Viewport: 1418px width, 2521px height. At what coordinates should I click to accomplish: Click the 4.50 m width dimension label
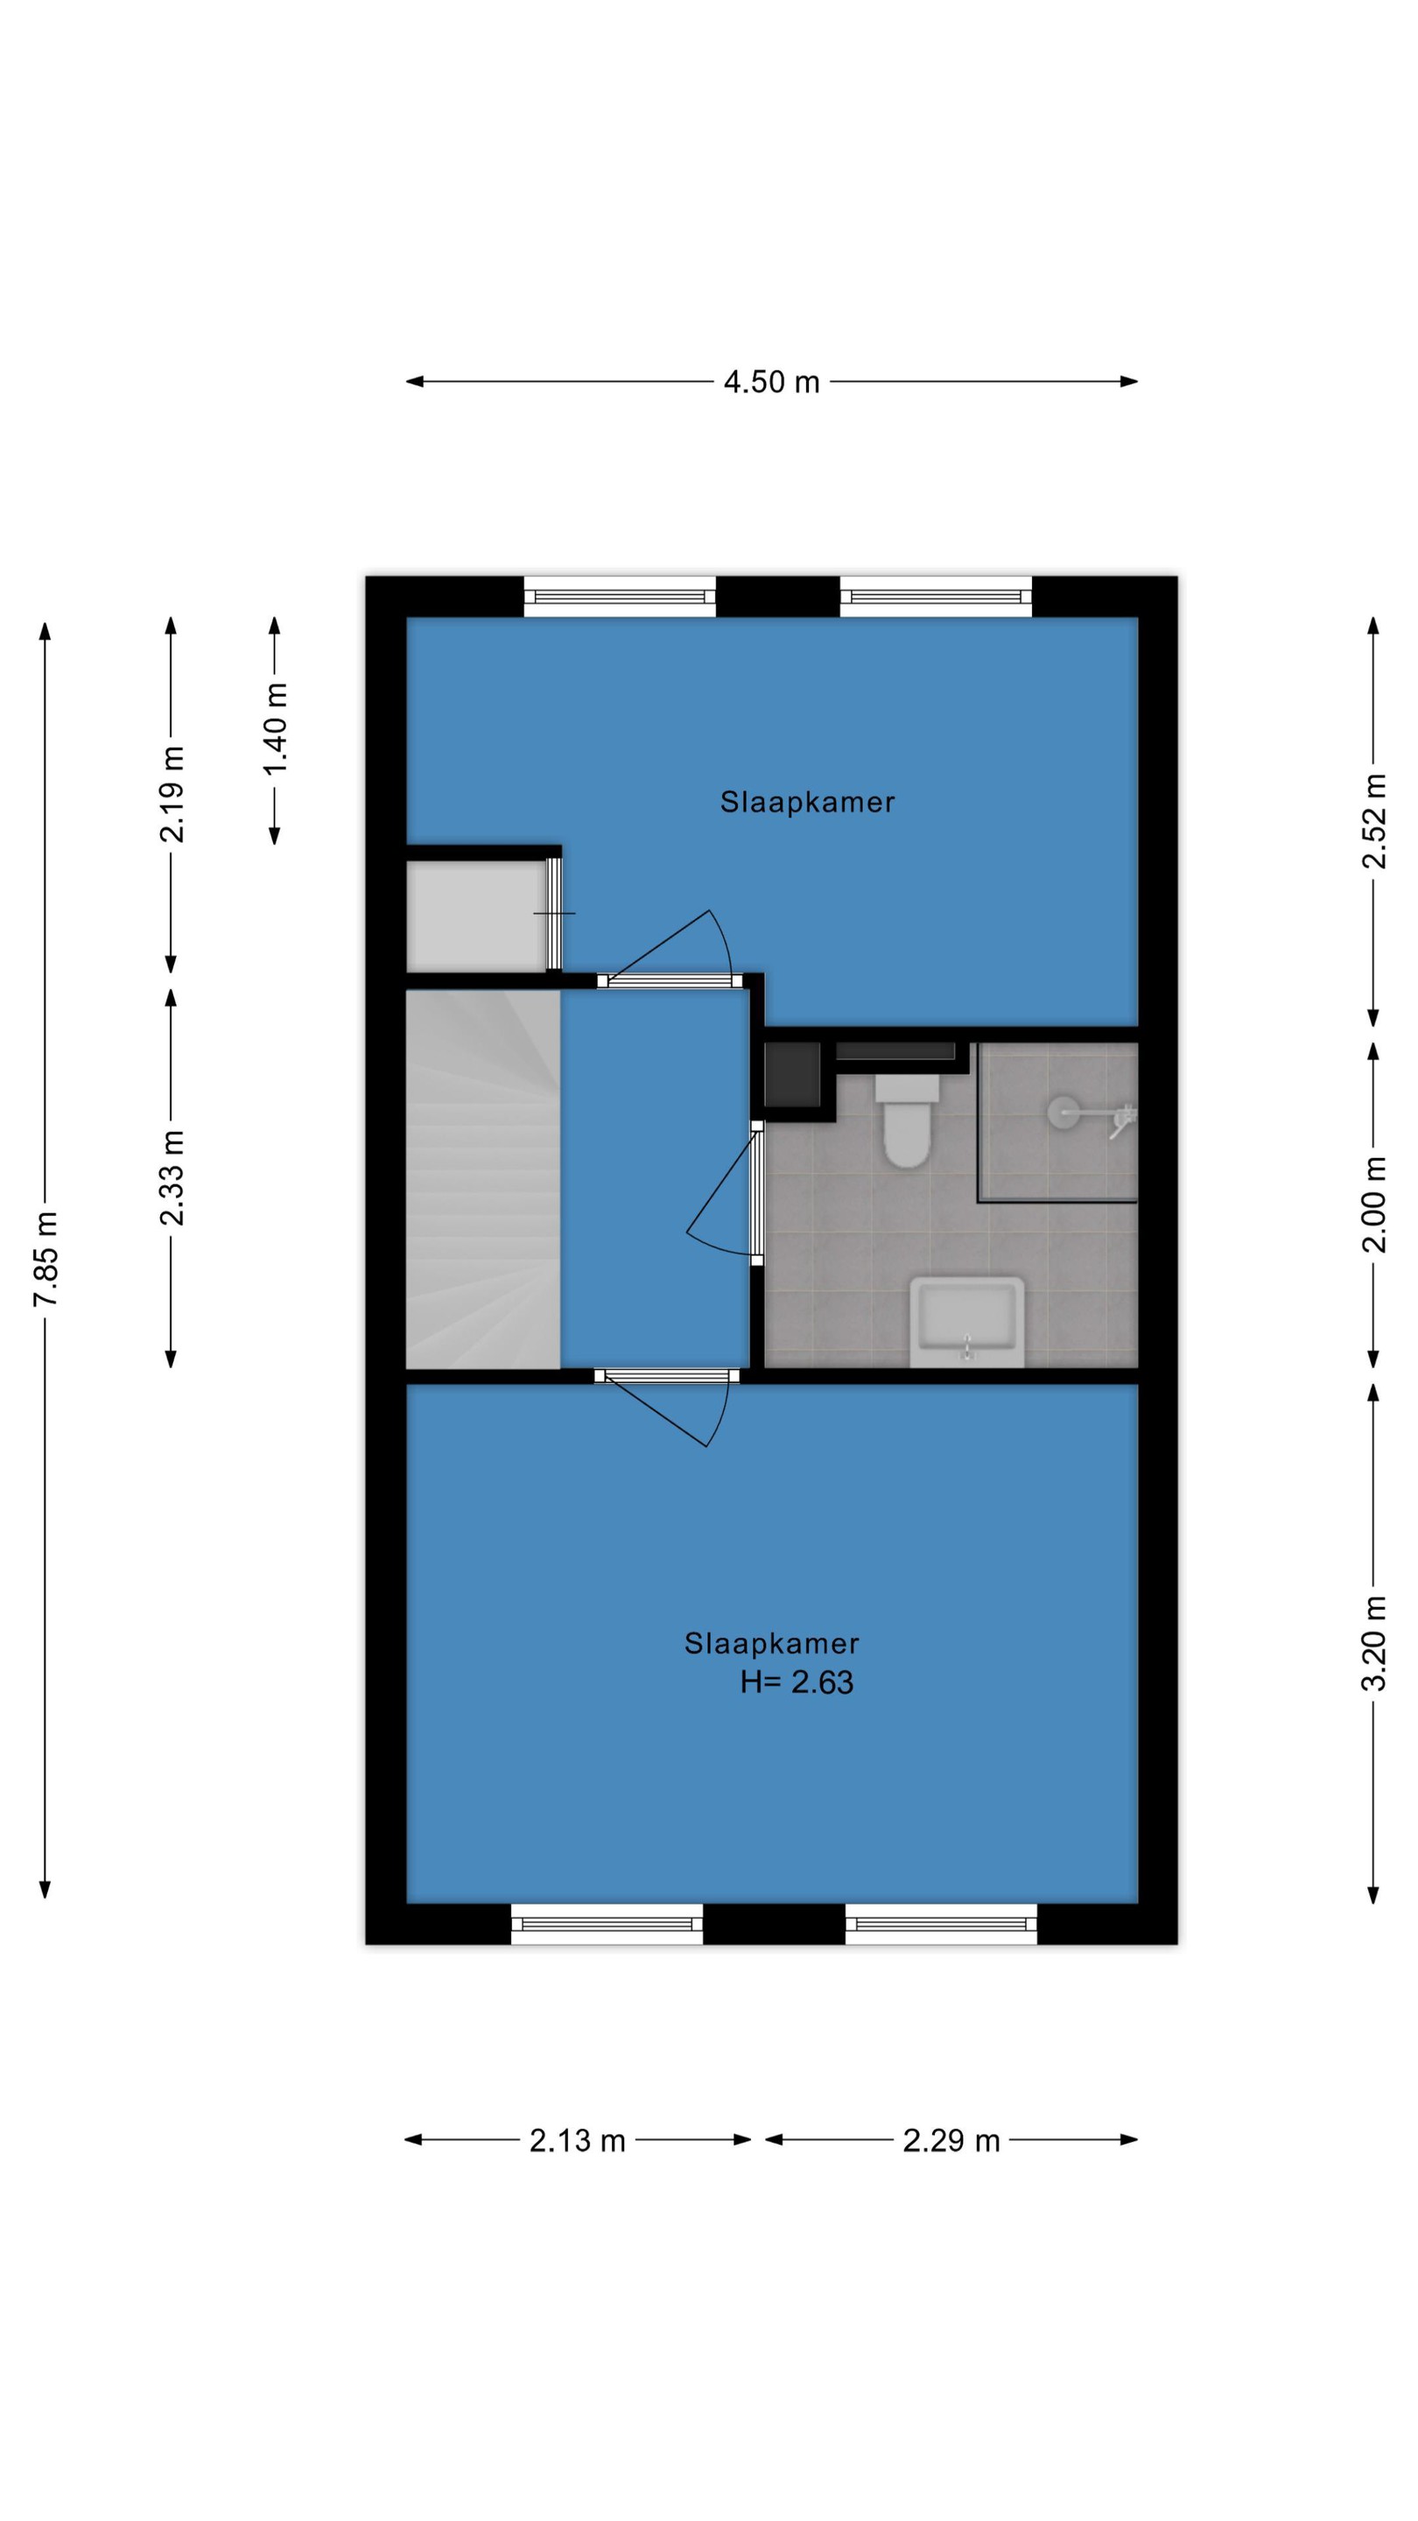771,382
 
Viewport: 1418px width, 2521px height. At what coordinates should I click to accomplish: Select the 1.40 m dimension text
275,728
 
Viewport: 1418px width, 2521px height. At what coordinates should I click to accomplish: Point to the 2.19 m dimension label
172,794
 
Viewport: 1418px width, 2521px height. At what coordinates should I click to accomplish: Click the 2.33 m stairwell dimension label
172,1177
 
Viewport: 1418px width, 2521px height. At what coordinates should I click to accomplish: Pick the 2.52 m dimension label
1374,820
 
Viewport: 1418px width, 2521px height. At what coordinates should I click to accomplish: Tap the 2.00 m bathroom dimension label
1374,1204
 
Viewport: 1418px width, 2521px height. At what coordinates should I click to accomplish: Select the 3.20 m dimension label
1374,1643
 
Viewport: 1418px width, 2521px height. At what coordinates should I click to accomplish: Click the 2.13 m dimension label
578,2140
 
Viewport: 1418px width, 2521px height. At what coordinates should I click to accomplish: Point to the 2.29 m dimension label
951,2140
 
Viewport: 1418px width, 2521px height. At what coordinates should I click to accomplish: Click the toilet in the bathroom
906,1121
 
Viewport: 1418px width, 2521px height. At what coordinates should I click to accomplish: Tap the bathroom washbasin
967,1321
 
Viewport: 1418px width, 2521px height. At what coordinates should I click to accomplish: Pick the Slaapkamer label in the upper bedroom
807,803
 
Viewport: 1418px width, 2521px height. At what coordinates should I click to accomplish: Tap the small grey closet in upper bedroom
475,915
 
